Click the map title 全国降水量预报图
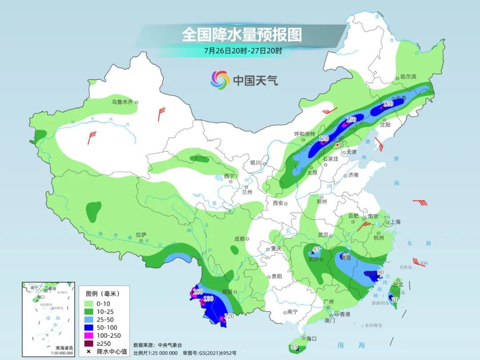click(x=242, y=34)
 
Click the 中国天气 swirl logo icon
click(x=220, y=80)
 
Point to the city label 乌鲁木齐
click(x=122, y=102)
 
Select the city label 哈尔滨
click(x=408, y=77)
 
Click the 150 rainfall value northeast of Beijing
click(x=351, y=120)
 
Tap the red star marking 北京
click(x=338, y=145)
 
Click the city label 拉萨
click(x=141, y=235)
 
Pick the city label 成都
click(x=239, y=239)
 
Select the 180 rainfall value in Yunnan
click(x=198, y=292)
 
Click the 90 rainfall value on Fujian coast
click(x=380, y=272)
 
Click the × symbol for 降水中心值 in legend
click(x=89, y=352)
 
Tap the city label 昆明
click(x=227, y=292)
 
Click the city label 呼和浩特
click(x=304, y=134)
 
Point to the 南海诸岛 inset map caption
click(x=64, y=348)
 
